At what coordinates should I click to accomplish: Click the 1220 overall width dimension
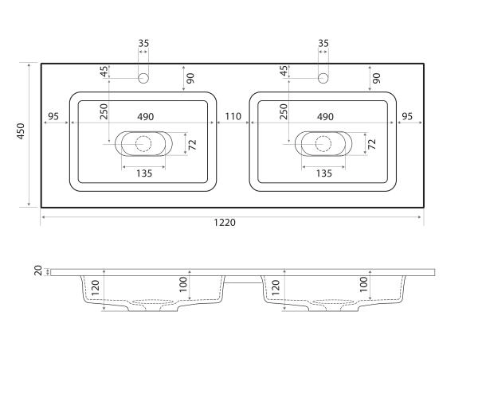coord(225,223)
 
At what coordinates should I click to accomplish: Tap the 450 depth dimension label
coord(21,131)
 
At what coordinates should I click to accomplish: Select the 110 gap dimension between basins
coord(233,116)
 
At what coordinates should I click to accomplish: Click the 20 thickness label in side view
coord(38,271)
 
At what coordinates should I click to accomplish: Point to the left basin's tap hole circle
coord(143,78)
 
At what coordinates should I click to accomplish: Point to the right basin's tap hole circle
coord(323,78)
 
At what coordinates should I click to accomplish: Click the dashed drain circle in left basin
coord(143,144)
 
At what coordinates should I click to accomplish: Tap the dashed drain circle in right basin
coord(323,144)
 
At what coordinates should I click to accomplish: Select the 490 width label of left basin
coord(146,117)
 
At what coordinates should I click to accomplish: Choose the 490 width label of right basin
coord(325,117)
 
